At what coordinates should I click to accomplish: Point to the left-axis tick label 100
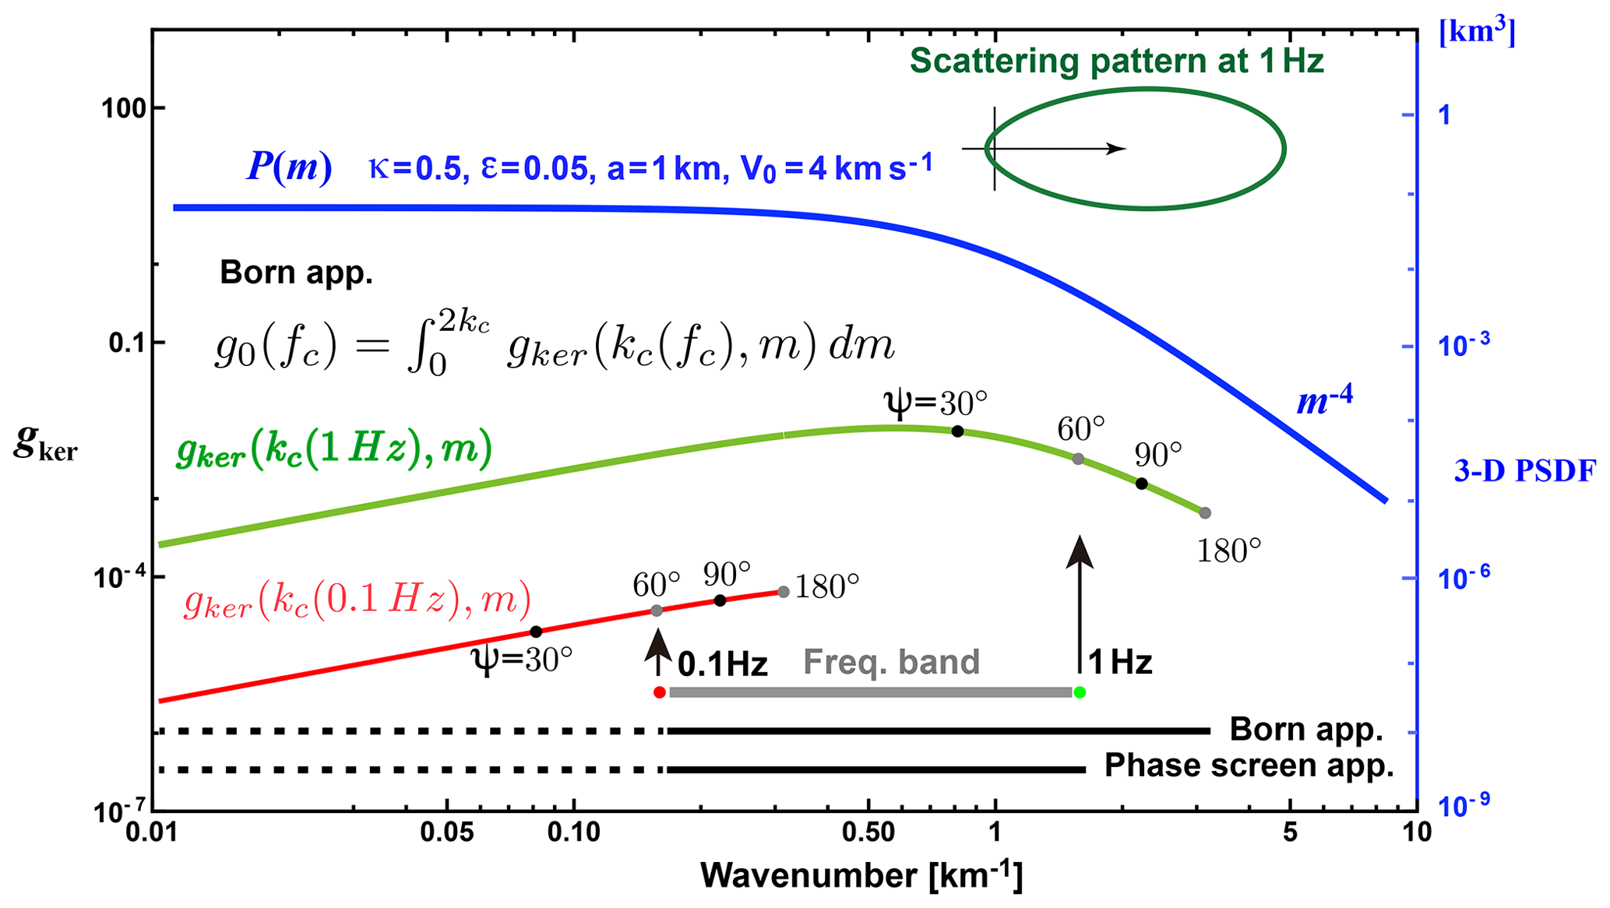(125, 108)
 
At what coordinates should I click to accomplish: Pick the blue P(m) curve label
(289, 167)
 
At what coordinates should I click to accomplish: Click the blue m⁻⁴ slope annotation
(1324, 400)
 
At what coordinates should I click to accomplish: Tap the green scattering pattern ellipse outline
(1284, 148)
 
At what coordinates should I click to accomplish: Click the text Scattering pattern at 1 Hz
(1116, 61)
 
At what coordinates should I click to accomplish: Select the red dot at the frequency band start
(660, 692)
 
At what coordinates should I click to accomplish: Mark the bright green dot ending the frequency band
(1080, 692)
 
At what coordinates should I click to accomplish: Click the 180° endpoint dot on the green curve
(1205, 513)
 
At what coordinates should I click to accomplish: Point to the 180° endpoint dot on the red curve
(784, 592)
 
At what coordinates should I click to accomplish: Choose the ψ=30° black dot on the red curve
(536, 632)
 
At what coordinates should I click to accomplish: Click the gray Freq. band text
(891, 662)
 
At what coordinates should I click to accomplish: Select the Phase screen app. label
(1249, 766)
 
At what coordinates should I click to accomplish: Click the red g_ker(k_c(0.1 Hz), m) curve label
(358, 600)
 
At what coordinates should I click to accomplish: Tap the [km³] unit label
(1477, 33)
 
